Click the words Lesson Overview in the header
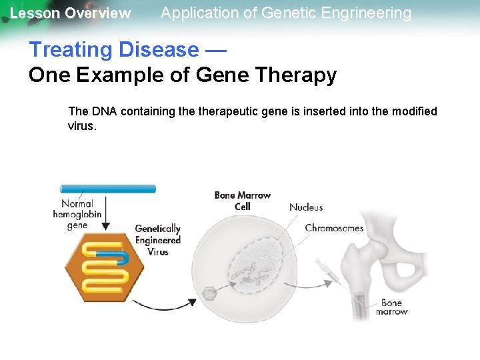click(71, 13)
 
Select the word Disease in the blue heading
click(159, 50)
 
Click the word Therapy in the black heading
click(293, 75)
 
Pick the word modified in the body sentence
click(413, 111)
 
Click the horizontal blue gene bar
click(108, 189)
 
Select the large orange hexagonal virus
click(104, 267)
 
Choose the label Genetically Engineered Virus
click(158, 240)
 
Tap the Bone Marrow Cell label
click(242, 201)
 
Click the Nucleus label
click(306, 207)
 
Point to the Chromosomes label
click(334, 228)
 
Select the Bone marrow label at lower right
click(391, 307)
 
